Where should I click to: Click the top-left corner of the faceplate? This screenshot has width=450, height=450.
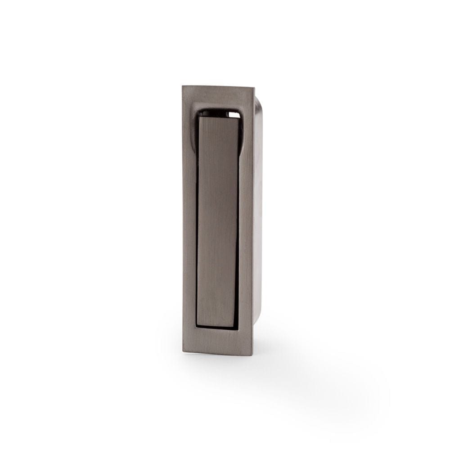tap(183, 86)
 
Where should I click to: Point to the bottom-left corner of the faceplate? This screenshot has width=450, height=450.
tap(183, 351)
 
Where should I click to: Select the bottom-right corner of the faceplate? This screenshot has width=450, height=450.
tap(253, 355)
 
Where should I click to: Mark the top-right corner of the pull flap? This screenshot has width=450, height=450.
tap(239, 118)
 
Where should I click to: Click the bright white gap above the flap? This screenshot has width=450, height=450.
tap(234, 115)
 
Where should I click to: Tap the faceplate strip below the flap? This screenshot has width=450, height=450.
tap(218, 341)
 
